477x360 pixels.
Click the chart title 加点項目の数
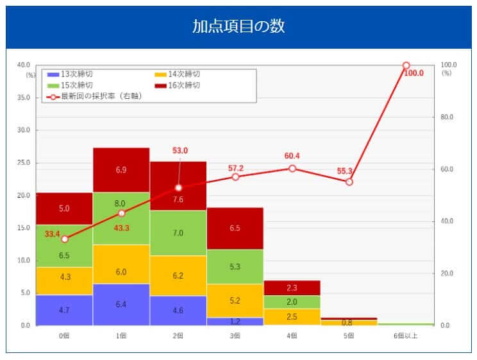point(238,26)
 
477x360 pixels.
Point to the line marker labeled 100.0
point(406,65)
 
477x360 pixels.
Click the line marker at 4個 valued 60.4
point(292,168)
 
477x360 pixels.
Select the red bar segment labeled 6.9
point(121,170)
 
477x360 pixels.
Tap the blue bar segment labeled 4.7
point(64,310)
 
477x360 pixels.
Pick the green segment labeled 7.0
point(178,233)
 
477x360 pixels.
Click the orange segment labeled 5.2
point(235,300)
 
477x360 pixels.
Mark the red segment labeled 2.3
point(292,288)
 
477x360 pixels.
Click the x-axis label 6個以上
point(406,335)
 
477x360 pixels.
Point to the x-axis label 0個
point(64,335)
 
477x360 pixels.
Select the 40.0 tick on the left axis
point(23,65)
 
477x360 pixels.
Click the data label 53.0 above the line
point(180,150)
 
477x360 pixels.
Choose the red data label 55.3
point(346,171)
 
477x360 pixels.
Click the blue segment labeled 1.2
point(235,321)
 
